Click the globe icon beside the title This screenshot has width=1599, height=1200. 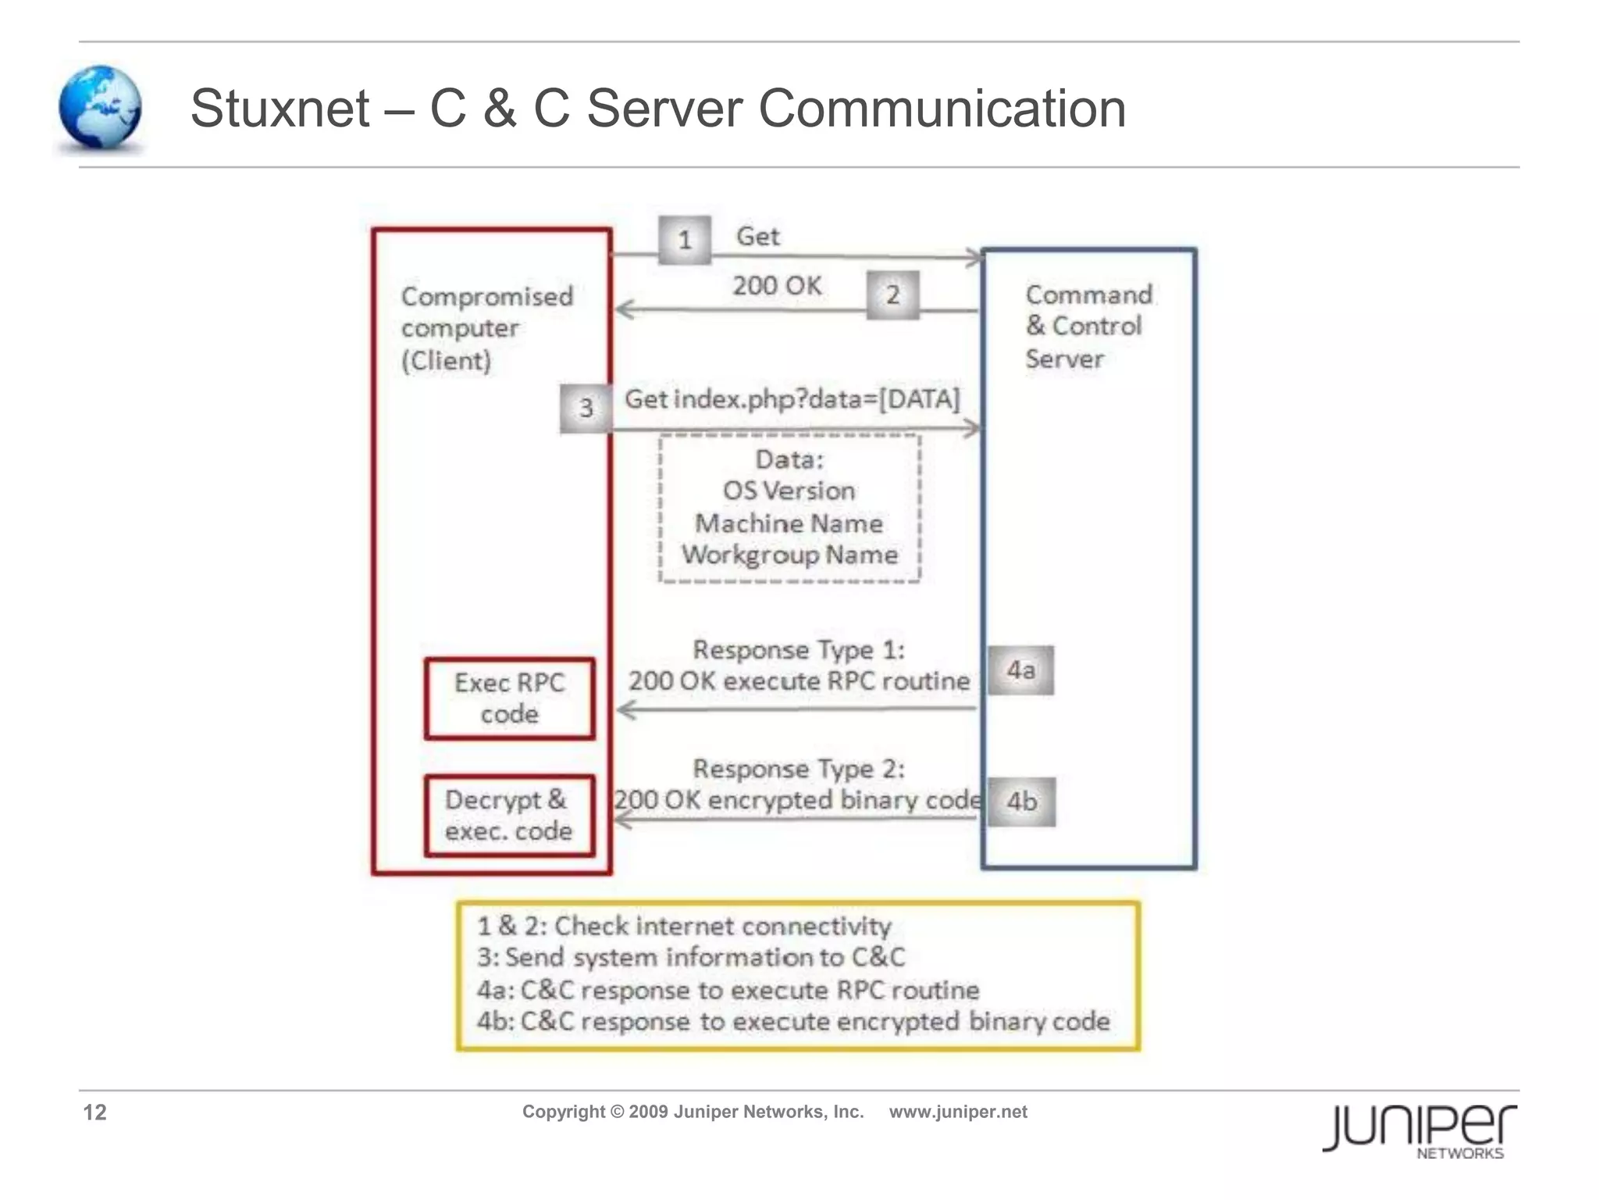tap(100, 108)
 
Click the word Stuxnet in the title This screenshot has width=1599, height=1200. tap(280, 108)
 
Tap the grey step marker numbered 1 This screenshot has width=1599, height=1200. tap(684, 240)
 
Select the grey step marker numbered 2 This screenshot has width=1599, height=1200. tap(892, 295)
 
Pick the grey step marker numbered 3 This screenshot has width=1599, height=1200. tap(586, 408)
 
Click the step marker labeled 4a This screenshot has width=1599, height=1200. tap(1020, 670)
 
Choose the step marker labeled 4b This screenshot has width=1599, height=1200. tap(1021, 802)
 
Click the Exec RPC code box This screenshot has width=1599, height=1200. tap(509, 698)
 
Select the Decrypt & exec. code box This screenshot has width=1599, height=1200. tap(509, 816)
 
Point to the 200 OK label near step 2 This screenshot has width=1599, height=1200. tap(777, 286)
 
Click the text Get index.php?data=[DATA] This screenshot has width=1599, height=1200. tap(792, 399)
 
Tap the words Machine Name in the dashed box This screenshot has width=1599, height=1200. tap(789, 523)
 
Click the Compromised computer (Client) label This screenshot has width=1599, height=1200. tap(486, 328)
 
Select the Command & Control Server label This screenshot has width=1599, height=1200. tap(1087, 327)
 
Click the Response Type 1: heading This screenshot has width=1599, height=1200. tap(798, 650)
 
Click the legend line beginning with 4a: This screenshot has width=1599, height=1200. tap(728, 990)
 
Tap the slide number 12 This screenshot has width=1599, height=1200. tap(94, 1112)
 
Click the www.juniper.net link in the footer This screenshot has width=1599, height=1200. tap(958, 1112)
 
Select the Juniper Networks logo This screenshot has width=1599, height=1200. tap(1419, 1130)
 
